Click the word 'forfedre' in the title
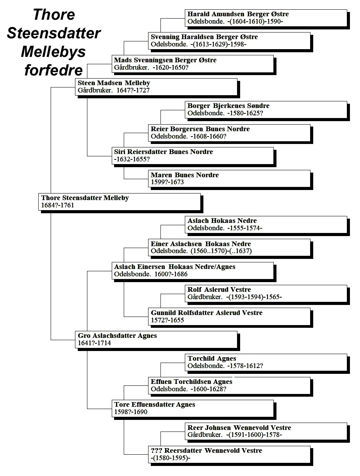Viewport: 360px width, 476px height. click(x=53, y=70)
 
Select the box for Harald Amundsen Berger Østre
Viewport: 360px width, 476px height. click(x=266, y=18)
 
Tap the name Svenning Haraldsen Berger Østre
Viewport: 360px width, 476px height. click(x=204, y=37)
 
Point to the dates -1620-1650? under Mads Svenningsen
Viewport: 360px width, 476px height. click(x=171, y=67)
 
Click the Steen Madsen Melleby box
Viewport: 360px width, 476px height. click(x=156, y=87)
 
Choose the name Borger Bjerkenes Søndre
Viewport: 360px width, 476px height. click(x=229, y=106)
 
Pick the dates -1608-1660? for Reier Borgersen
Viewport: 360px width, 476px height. click(x=208, y=136)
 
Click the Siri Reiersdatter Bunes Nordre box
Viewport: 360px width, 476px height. click(x=193, y=156)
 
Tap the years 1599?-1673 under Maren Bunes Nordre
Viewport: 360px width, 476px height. click(x=167, y=182)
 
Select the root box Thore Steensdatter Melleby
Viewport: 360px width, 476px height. click(x=119, y=202)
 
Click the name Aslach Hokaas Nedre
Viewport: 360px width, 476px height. click(x=222, y=221)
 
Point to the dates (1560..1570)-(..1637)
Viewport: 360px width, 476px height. click(x=221, y=251)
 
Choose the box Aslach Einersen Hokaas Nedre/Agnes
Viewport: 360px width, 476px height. click(x=193, y=271)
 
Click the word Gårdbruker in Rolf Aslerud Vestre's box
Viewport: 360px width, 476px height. click(x=205, y=297)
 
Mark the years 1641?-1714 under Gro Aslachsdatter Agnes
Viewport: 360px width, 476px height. click(x=94, y=343)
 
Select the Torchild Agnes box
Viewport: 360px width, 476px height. click(x=266, y=362)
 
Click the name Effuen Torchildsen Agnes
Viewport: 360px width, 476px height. click(x=191, y=382)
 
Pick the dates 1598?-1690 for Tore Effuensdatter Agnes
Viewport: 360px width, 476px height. click(x=131, y=412)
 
